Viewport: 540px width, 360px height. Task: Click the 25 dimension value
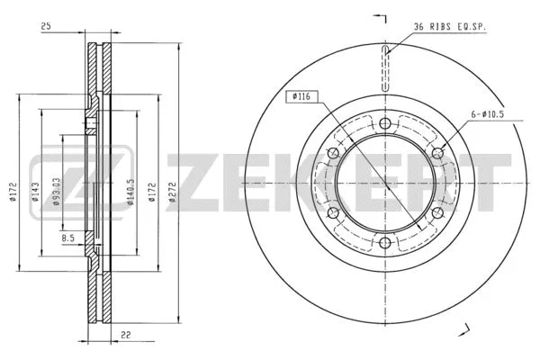pos(45,27)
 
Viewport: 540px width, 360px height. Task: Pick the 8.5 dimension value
pos(68,238)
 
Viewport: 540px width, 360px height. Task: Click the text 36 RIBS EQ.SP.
pos(450,27)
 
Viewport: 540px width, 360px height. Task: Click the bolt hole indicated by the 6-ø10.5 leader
pos(438,153)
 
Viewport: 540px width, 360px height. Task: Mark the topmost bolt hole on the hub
pos(385,123)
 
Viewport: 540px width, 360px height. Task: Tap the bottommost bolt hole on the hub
pos(385,242)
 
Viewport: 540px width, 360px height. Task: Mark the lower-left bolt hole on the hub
pos(334,212)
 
